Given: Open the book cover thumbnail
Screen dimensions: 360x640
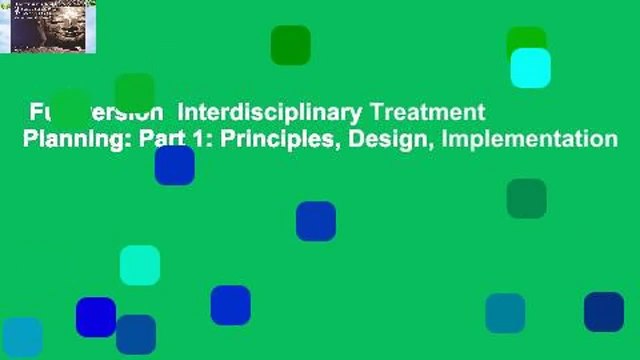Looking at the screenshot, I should [x=48, y=27].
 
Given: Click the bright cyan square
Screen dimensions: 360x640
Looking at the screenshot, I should [x=530, y=67].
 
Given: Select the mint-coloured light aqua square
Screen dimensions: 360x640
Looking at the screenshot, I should [x=140, y=265].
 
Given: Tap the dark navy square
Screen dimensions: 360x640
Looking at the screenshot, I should [x=604, y=312].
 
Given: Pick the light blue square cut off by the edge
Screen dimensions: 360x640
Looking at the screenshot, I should [x=20, y=338].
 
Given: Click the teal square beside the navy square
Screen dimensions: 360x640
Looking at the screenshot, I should [x=505, y=313].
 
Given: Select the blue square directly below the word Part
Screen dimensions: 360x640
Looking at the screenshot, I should [x=174, y=166].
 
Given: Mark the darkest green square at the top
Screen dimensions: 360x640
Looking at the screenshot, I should [x=290, y=45].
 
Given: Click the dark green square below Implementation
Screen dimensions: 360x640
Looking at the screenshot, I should [x=526, y=198].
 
